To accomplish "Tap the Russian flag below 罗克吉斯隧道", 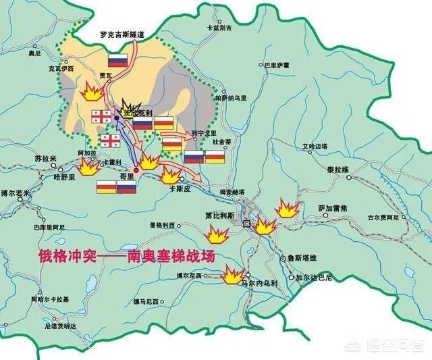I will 118,59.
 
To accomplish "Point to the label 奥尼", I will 35,51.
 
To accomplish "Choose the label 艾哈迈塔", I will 315,146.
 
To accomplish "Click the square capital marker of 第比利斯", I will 247,223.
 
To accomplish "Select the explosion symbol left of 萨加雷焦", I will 287,209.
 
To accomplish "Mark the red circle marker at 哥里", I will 136,170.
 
